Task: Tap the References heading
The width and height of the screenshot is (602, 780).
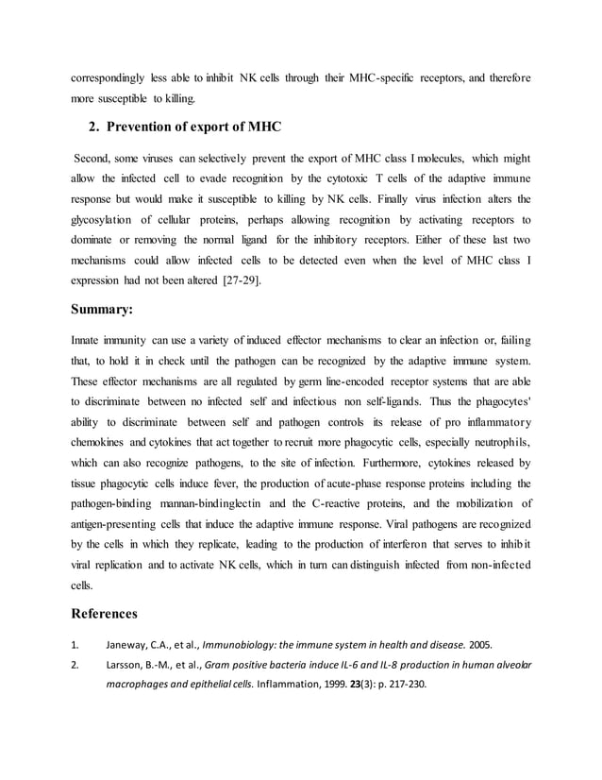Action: [x=105, y=614]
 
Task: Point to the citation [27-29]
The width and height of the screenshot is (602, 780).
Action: [x=241, y=280]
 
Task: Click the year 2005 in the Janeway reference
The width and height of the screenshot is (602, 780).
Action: [x=478, y=646]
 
